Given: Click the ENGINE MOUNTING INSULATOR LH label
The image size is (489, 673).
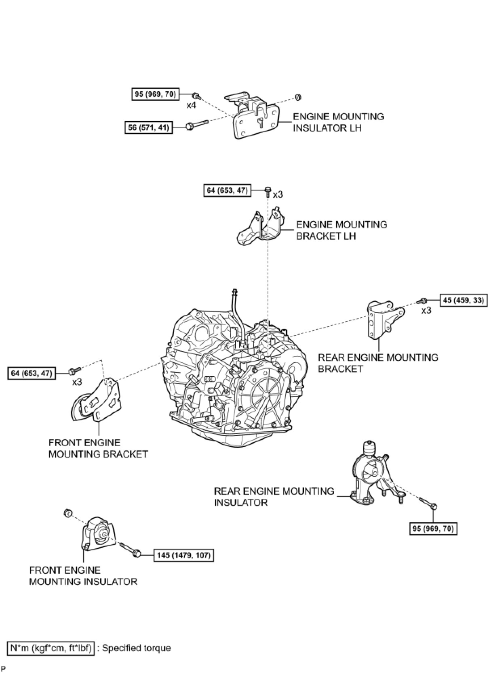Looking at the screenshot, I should click(x=338, y=122).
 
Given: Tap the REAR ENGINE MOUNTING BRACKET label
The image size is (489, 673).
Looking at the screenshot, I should click(x=378, y=363).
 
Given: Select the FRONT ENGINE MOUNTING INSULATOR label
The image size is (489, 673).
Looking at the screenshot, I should click(x=83, y=576).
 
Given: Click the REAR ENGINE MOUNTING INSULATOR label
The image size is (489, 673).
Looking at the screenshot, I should click(x=274, y=497).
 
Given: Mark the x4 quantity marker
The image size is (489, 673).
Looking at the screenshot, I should click(x=191, y=106).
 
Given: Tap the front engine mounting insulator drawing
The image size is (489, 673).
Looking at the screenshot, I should click(x=99, y=533).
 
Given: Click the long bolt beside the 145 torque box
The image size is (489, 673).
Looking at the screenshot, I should click(x=130, y=550).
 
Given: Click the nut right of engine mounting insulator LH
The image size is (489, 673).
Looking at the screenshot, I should click(x=299, y=97).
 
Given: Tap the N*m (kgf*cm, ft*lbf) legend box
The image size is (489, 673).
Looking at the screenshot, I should click(x=51, y=648).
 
